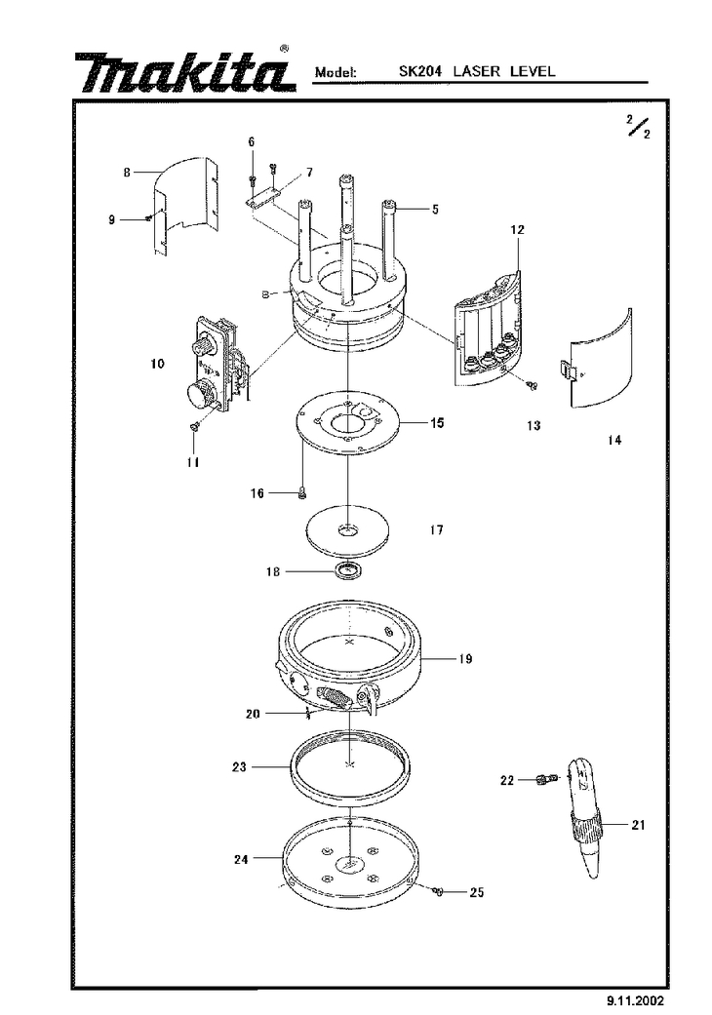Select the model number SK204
[420, 71]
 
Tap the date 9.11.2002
[635, 1000]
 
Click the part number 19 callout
[465, 659]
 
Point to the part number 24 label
[241, 860]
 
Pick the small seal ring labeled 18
[350, 571]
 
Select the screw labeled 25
[438, 892]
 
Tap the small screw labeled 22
[547, 779]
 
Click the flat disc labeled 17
[349, 529]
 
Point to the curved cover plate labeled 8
[185, 205]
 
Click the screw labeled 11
[193, 427]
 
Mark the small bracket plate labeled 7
[262, 198]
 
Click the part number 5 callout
[436, 209]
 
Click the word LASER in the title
[476, 71]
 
